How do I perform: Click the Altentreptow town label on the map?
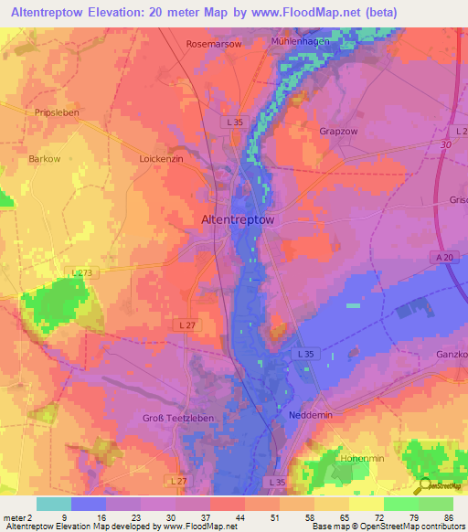pos(237,219)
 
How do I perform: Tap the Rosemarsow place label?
pos(215,43)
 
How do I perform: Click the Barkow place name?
pos(44,158)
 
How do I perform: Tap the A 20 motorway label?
pos(444,259)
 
